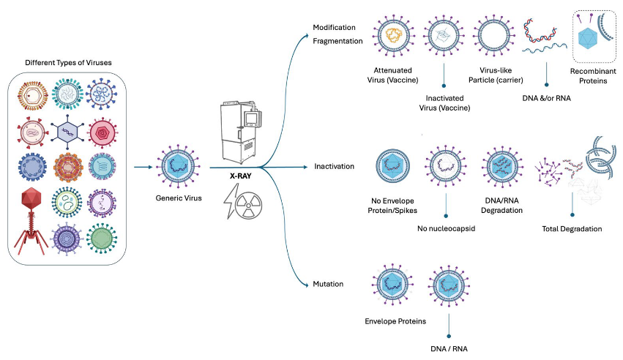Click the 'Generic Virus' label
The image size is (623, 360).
click(175, 198)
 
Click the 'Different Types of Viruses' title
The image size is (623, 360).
click(68, 63)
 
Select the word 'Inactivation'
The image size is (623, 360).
click(334, 167)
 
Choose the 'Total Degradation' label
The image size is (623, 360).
click(572, 229)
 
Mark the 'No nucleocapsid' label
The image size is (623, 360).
click(446, 228)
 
